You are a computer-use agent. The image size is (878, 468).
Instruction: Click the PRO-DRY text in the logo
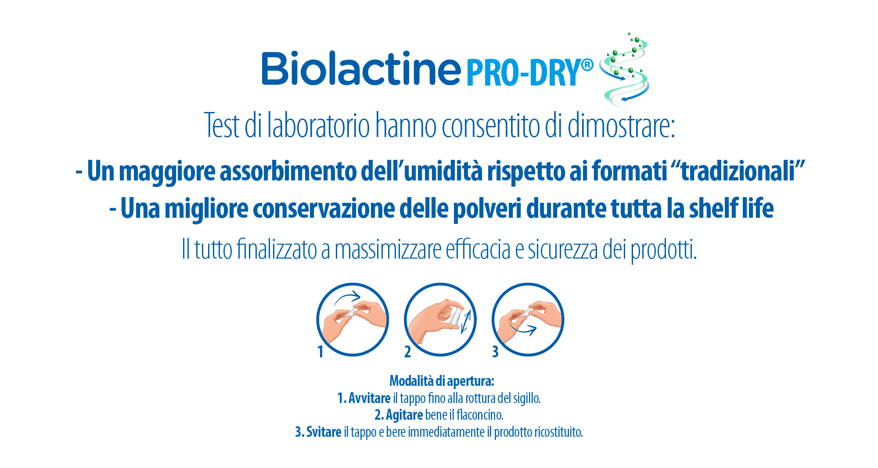[x=523, y=73]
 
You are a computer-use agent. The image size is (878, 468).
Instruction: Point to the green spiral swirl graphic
[x=625, y=70]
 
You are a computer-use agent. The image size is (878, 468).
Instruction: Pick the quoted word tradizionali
[x=742, y=171]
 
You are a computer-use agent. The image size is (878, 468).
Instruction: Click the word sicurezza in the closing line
[x=563, y=250]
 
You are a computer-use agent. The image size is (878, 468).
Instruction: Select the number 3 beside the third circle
[x=495, y=352]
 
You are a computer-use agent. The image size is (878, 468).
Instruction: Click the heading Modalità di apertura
[x=442, y=381]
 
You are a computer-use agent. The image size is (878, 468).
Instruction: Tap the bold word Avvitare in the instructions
[x=369, y=398]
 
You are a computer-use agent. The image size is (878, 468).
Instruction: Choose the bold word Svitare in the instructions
[x=324, y=432]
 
